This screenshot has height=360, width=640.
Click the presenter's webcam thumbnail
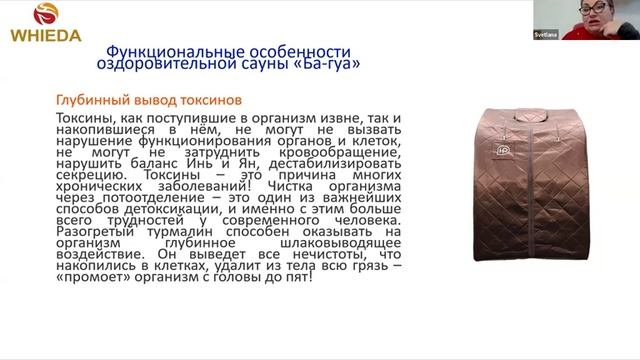coord(600,19)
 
